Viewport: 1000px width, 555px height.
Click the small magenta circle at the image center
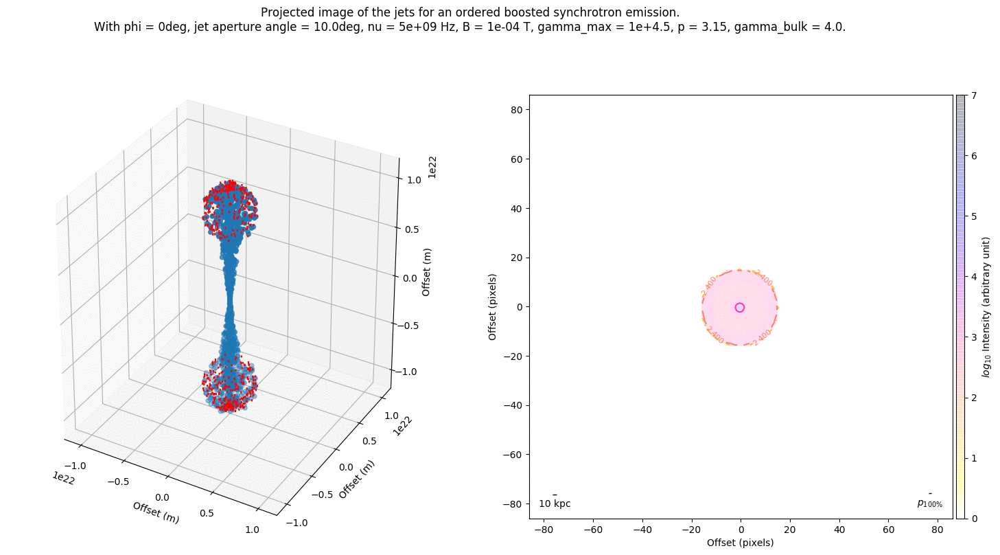pos(739,307)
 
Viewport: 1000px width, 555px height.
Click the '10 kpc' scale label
pos(555,503)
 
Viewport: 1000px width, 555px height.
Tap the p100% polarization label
pos(929,503)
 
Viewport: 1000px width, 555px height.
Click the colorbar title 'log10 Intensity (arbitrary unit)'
pos(986,307)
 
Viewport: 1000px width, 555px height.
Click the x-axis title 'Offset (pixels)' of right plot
pos(741,543)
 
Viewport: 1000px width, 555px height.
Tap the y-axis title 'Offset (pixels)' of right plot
pos(492,307)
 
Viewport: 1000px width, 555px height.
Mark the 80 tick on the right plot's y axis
pos(517,110)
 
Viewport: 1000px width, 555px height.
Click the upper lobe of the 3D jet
pos(230,206)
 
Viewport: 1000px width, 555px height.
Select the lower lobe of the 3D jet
pos(230,385)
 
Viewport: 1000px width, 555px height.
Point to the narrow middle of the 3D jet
pos(230,295)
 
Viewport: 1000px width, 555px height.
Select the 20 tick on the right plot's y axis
pos(517,258)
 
